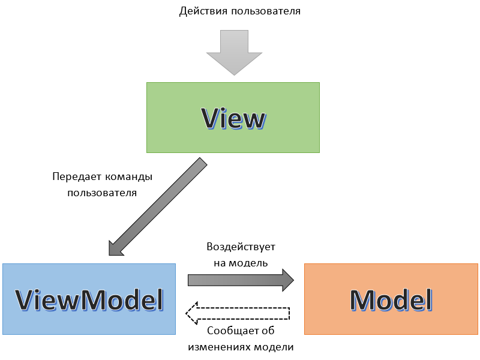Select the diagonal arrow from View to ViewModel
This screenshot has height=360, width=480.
click(157, 207)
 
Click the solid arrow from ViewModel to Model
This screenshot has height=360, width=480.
click(240, 280)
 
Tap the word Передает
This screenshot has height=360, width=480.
click(75, 178)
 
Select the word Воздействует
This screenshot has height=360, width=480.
click(241, 247)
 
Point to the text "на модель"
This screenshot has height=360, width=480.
click(241, 262)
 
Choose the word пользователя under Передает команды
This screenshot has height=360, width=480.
click(102, 193)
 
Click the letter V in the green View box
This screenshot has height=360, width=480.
click(211, 118)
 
